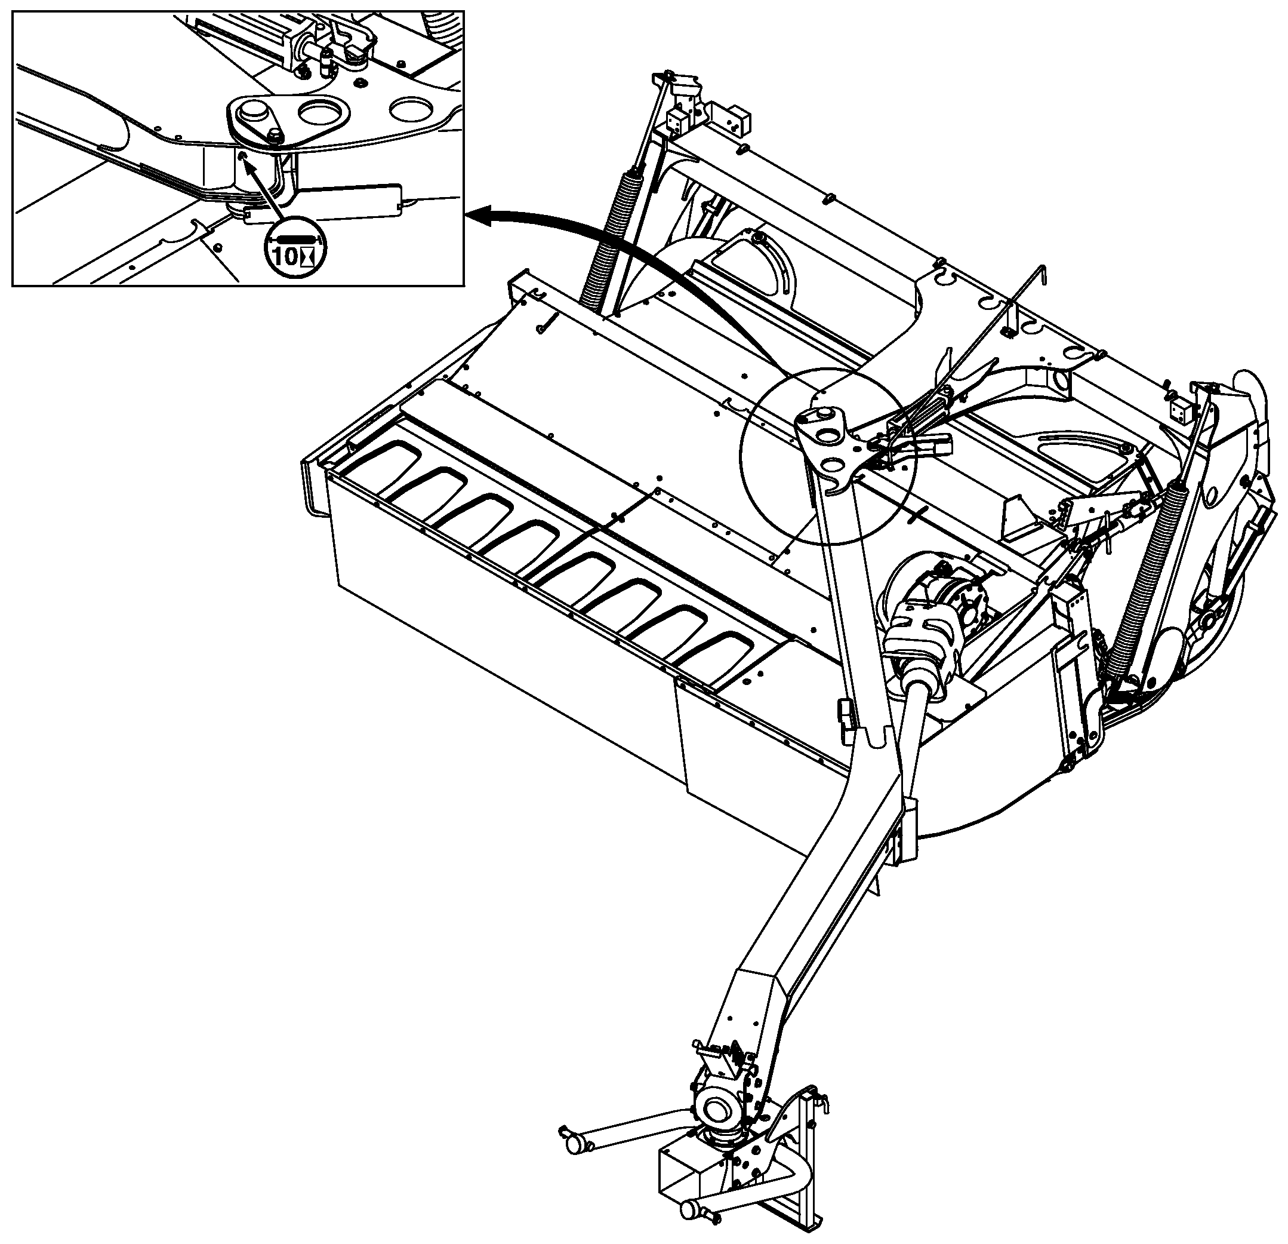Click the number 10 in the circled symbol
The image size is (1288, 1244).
tap(285, 257)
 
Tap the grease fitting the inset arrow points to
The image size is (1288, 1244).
tap(243, 155)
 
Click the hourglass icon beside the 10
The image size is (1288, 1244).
tap(306, 257)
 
